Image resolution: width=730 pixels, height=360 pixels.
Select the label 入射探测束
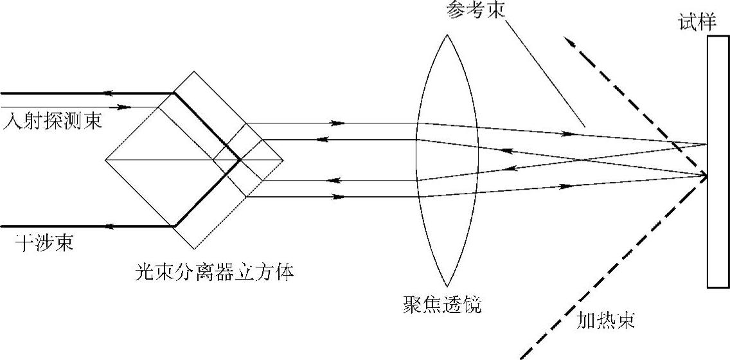52,121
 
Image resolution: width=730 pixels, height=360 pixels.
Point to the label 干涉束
44,244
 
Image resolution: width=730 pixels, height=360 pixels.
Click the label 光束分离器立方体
215,273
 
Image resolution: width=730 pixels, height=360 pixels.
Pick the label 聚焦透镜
440,305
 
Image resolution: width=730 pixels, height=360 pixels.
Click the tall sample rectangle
718,161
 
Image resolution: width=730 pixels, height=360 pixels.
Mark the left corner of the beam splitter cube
105,159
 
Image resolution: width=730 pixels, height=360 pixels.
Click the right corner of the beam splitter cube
283,159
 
